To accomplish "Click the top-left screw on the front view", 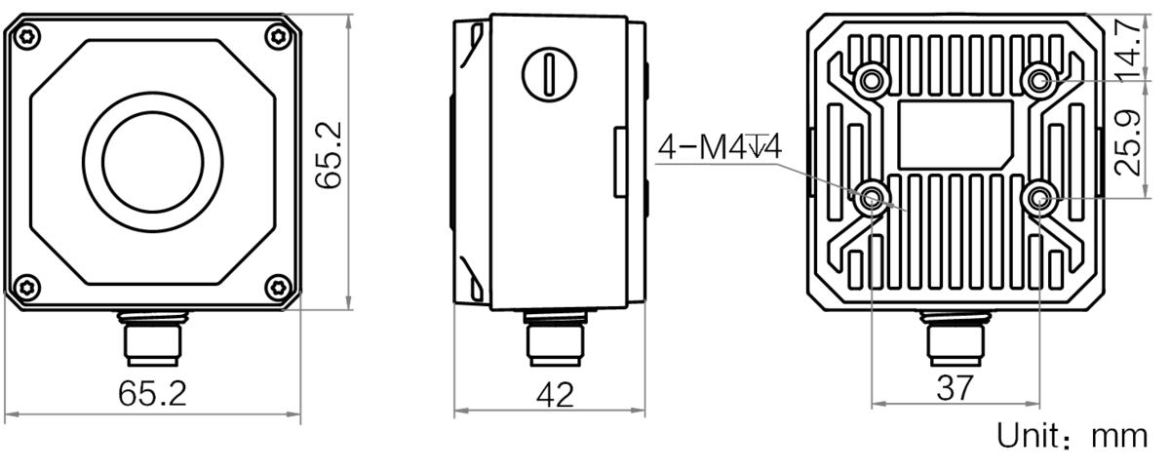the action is click(x=27, y=37).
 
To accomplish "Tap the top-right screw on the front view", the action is click(x=279, y=37).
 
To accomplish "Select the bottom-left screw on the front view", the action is click(x=27, y=287).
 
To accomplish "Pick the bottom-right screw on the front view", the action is click(x=279, y=287).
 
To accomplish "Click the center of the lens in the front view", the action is click(x=152, y=162).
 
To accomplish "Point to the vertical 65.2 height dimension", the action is click(x=330, y=155).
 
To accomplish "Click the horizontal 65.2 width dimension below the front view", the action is click(x=152, y=393).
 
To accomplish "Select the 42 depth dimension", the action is click(x=555, y=395).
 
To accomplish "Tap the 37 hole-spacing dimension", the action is click(x=955, y=388).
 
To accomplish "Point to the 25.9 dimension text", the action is click(x=1127, y=142).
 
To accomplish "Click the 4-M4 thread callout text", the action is click(x=720, y=147).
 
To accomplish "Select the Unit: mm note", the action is click(x=1072, y=435).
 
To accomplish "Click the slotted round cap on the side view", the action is click(x=549, y=74).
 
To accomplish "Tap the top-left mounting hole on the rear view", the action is click(x=870, y=81).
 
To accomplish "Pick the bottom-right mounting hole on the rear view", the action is click(x=1039, y=199).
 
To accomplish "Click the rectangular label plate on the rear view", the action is click(x=955, y=135).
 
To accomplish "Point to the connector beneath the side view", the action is click(x=555, y=338).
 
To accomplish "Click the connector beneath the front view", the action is click(x=152, y=338).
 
